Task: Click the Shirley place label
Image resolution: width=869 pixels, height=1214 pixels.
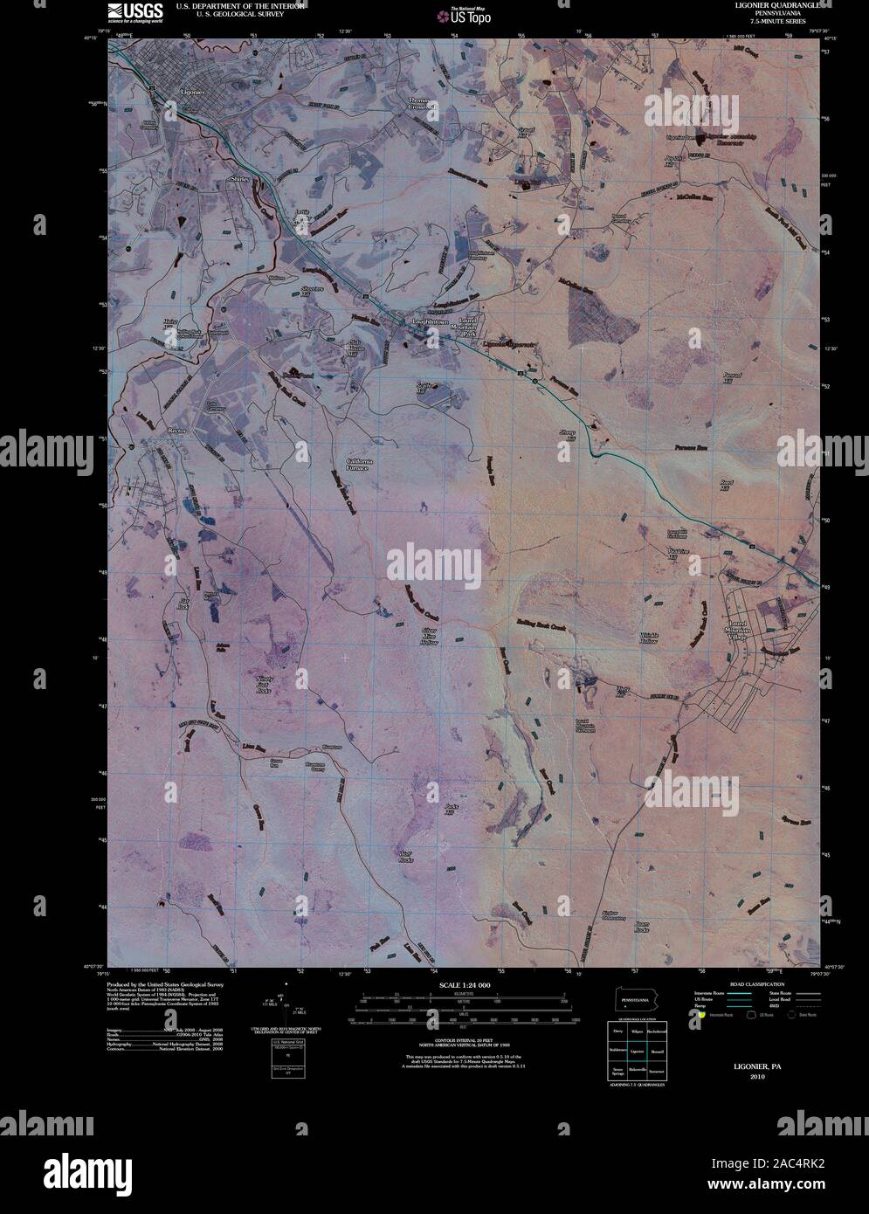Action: click(x=238, y=178)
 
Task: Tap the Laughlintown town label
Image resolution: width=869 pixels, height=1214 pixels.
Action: click(x=428, y=322)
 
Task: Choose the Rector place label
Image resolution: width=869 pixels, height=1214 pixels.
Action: click(x=179, y=431)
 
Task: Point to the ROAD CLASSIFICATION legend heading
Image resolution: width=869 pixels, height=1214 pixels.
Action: click(x=757, y=983)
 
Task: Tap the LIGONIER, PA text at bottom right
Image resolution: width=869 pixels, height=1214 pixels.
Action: click(x=748, y=1067)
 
